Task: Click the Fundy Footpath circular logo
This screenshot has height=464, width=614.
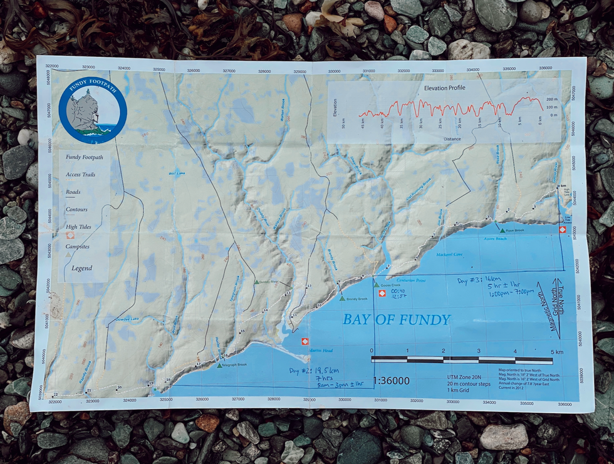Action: click(x=93, y=110)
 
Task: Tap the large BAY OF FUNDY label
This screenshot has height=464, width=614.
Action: click(x=396, y=320)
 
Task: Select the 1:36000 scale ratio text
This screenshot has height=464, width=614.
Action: click(x=391, y=380)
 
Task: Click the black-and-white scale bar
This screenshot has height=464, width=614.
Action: click(x=462, y=360)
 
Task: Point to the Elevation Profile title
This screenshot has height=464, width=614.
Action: click(x=444, y=88)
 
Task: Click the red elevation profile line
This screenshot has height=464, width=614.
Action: click(x=451, y=108)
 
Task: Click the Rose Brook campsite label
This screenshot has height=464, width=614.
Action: click(x=514, y=230)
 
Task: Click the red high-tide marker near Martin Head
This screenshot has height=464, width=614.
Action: click(x=304, y=341)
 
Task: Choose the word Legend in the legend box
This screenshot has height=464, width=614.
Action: click(x=81, y=268)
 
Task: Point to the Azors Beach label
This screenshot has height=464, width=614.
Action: click(x=494, y=239)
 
